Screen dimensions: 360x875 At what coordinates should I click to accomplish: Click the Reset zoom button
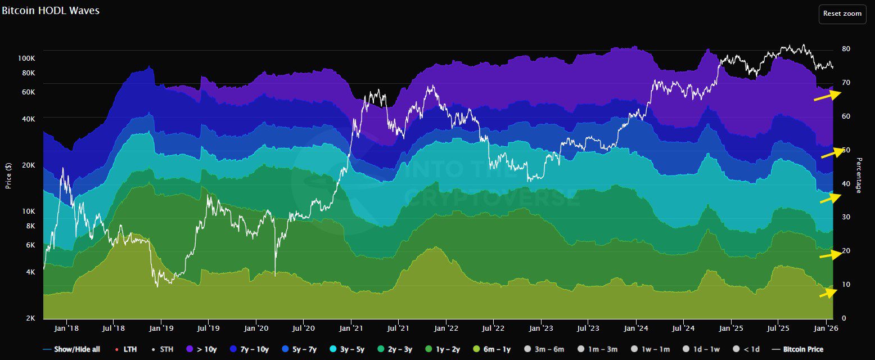[x=842, y=13]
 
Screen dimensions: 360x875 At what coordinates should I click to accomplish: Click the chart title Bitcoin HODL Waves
[x=50, y=11]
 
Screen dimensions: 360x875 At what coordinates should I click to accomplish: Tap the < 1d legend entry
[x=749, y=349]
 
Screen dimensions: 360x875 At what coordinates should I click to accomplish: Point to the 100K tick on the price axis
[x=27, y=58]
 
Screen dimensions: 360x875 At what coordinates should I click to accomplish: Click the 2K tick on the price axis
[x=31, y=318]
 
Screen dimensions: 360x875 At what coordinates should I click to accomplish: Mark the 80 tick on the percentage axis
[x=846, y=49]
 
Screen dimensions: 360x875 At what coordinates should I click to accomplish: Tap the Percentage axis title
[x=859, y=175]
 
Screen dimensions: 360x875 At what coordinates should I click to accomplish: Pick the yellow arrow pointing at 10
[x=828, y=292]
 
